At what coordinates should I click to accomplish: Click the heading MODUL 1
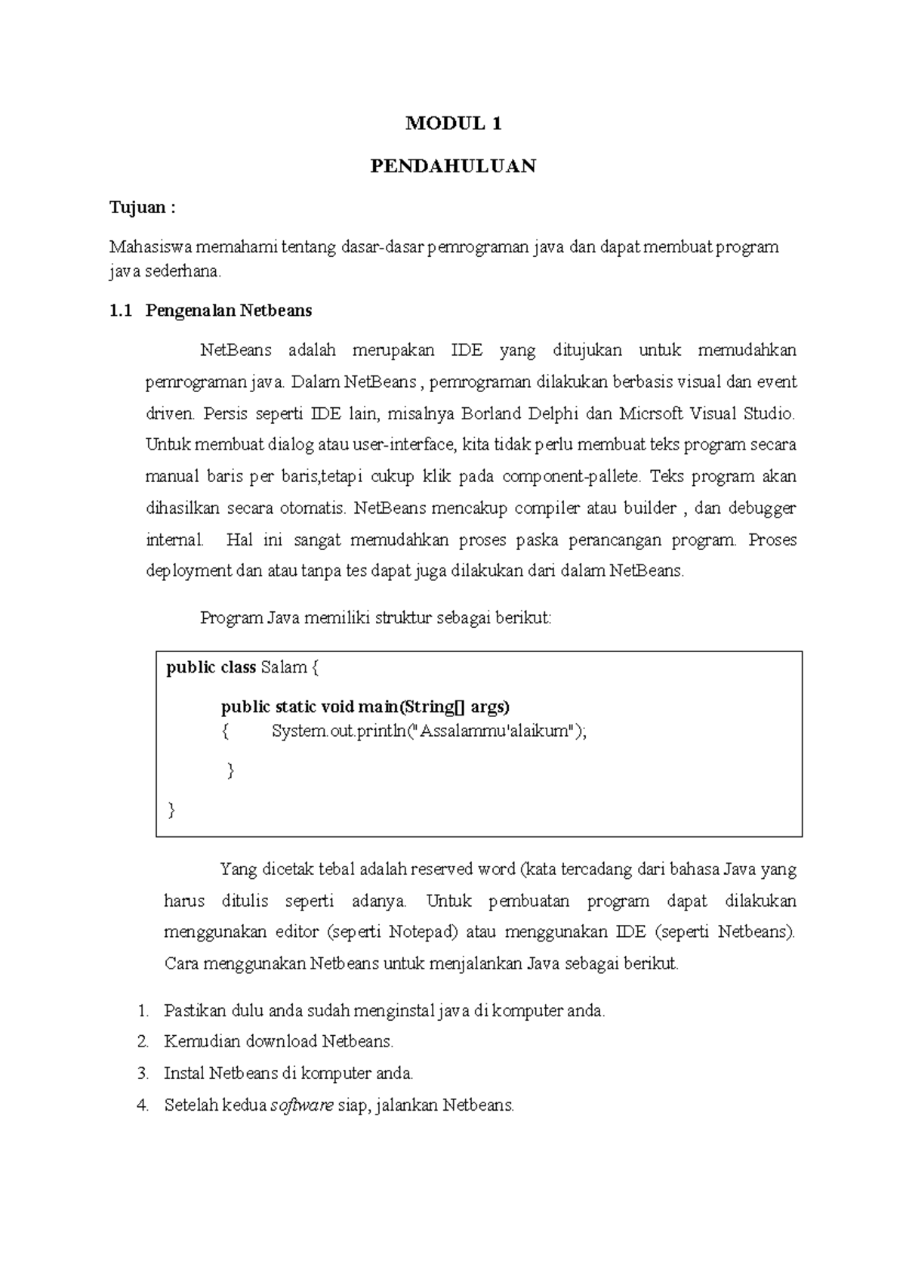point(453,124)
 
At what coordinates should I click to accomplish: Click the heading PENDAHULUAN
point(453,166)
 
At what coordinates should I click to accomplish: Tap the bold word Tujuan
point(137,208)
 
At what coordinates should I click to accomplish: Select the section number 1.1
point(120,311)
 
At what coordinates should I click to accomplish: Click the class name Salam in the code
point(283,667)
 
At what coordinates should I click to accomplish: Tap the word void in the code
point(337,707)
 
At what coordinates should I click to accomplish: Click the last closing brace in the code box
point(171,810)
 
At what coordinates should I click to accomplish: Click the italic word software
point(302,1105)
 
